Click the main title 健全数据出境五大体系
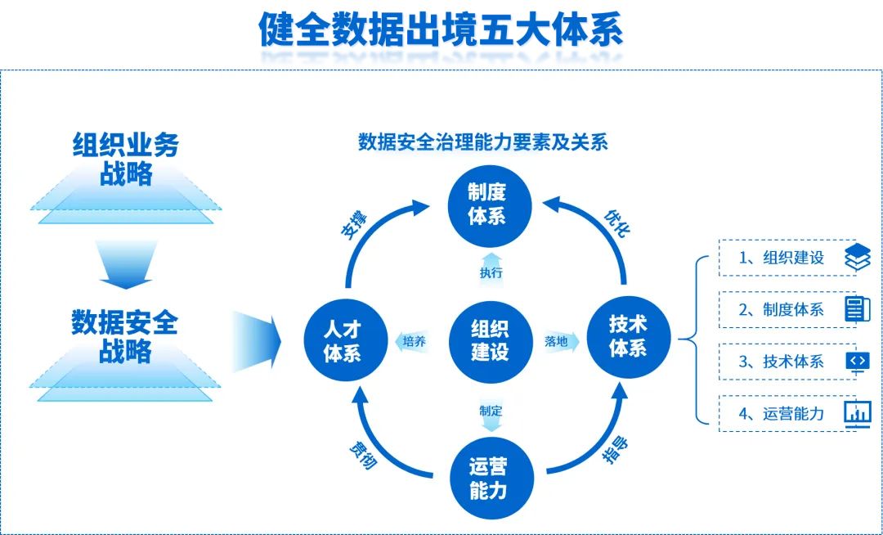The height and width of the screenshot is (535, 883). [x=441, y=30]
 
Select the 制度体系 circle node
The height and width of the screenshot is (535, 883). [x=487, y=204]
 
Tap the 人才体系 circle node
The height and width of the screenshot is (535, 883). [x=343, y=341]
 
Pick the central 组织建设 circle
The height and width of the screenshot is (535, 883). [x=489, y=340]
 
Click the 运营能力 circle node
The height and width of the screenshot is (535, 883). [x=489, y=479]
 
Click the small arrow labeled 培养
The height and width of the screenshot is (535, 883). [x=414, y=341]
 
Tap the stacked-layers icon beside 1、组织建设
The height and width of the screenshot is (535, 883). [x=857, y=258]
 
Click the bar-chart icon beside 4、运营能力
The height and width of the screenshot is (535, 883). [x=857, y=413]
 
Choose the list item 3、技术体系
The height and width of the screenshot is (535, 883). [x=781, y=362]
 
